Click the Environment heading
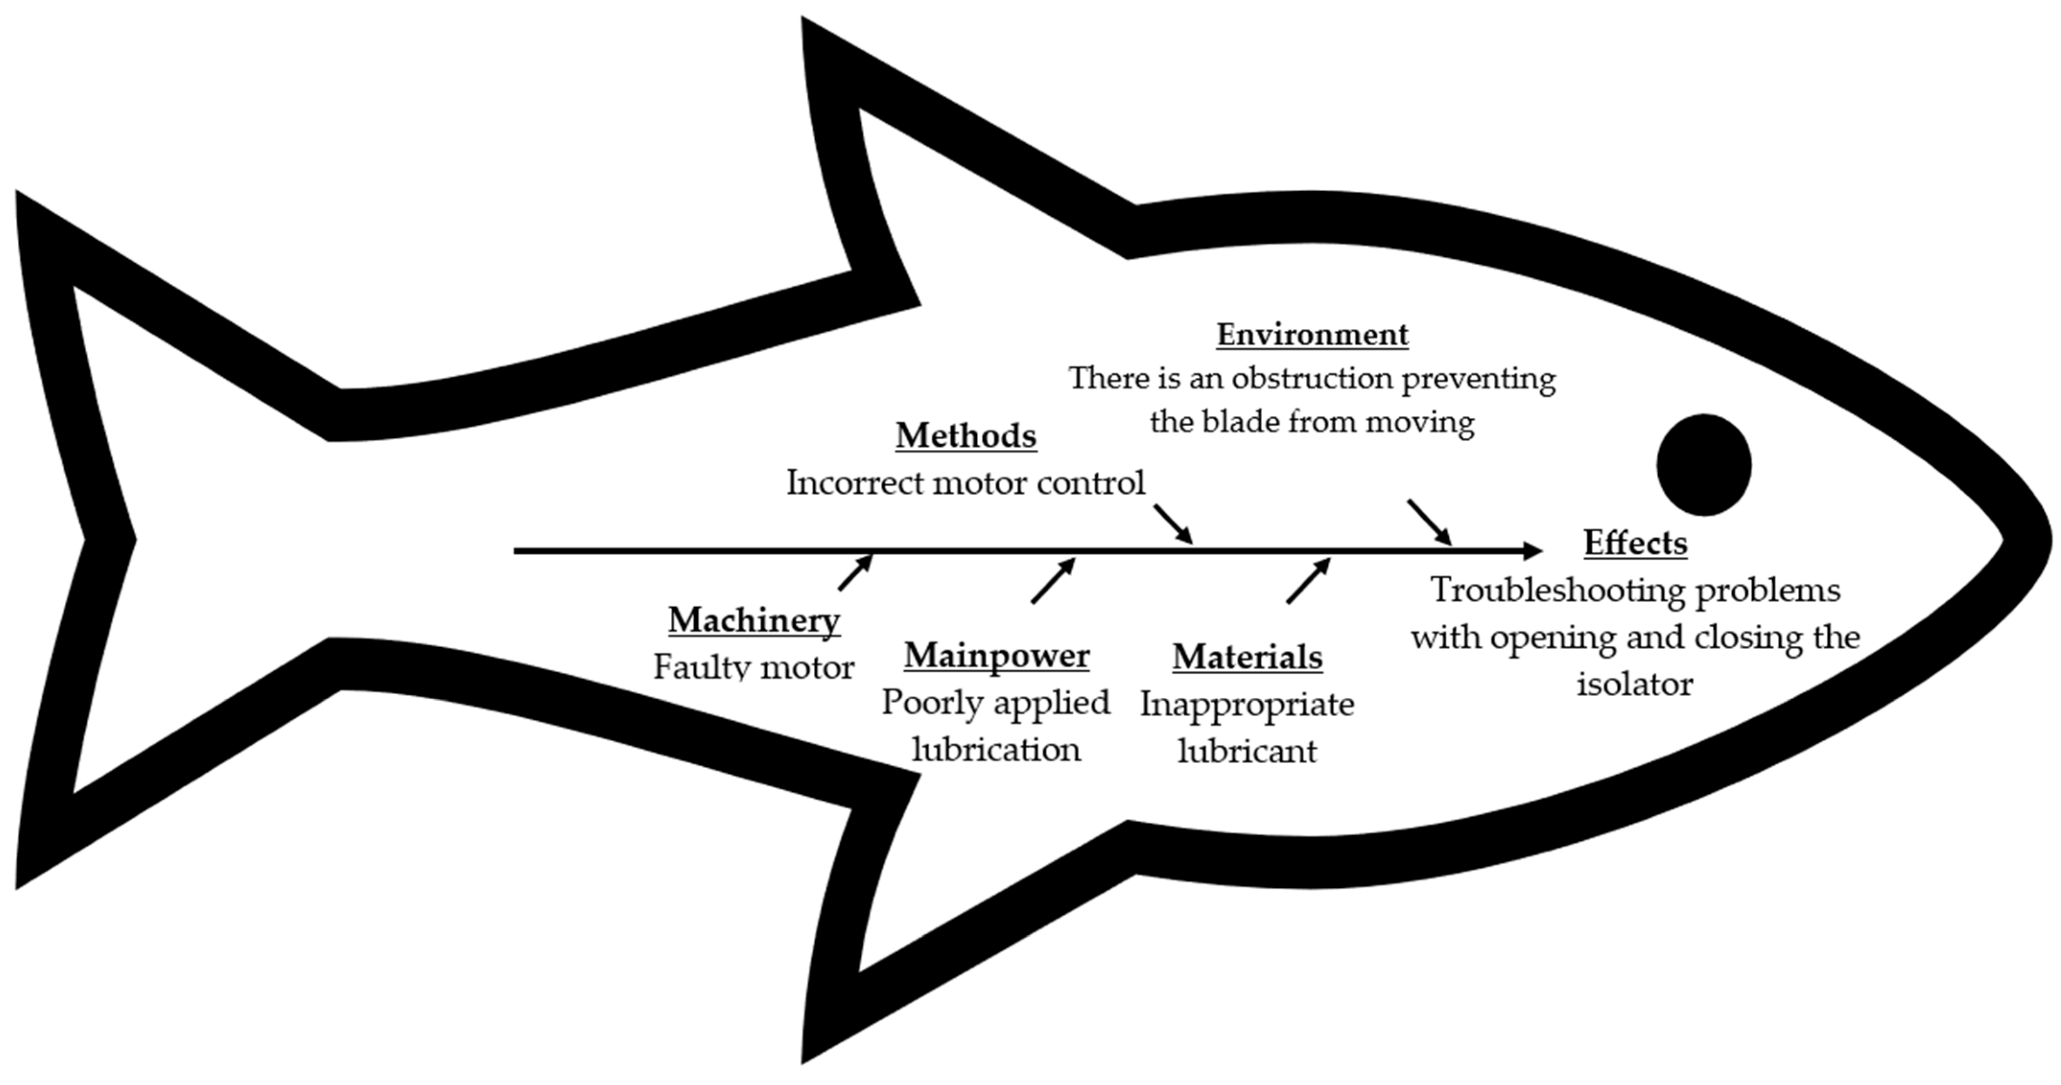[x=1312, y=335]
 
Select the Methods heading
[x=966, y=436]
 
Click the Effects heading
[x=1635, y=543]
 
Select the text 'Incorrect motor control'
[x=966, y=482]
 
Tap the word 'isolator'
[x=1635, y=684]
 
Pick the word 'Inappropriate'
[x=1247, y=705]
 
